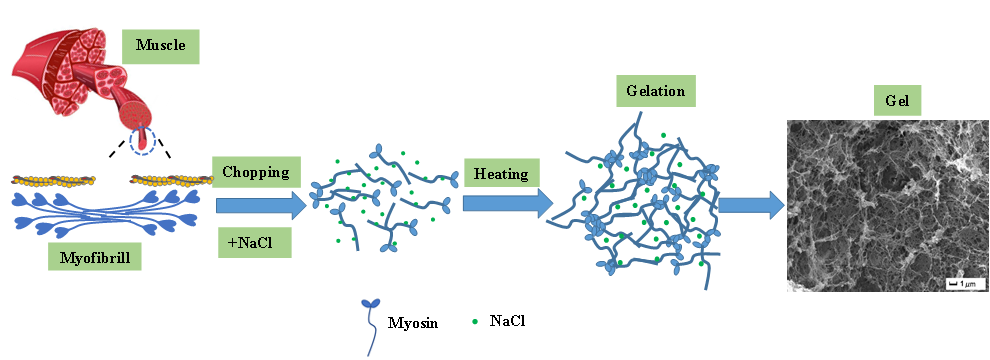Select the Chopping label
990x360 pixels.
pos(256,172)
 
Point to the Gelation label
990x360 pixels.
pos(655,90)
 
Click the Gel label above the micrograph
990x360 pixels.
pos(897,100)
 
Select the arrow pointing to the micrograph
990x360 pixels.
pos(751,205)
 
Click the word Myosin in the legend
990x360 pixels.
pos(413,323)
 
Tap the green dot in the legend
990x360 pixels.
pos(474,322)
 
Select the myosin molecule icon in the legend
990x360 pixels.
pos(368,327)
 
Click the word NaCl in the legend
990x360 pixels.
pos(507,321)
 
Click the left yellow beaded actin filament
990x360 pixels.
pos(54,180)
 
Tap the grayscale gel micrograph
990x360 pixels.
pos(886,206)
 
